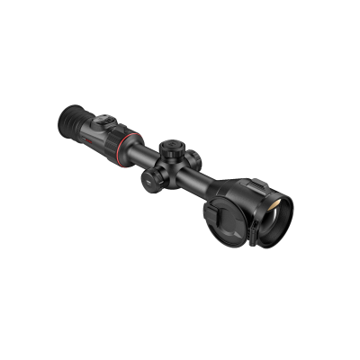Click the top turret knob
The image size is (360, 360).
(x=170, y=144)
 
